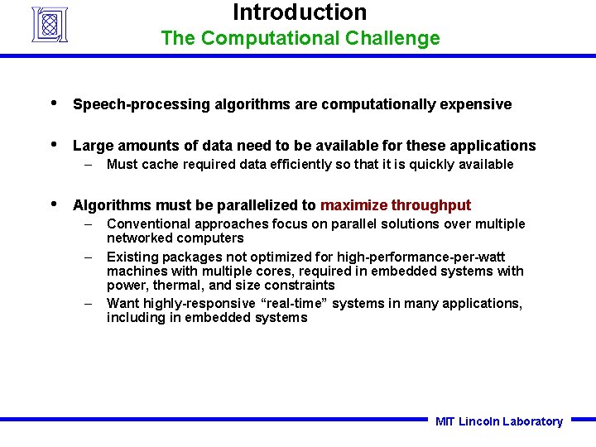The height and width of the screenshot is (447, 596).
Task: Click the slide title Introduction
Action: pyautogui.click(x=299, y=13)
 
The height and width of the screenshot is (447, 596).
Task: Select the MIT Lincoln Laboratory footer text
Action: pyautogui.click(x=498, y=421)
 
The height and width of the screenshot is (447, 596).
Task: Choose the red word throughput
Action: pyautogui.click(x=430, y=205)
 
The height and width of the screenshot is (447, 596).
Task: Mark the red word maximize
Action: pyautogui.click(x=353, y=205)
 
